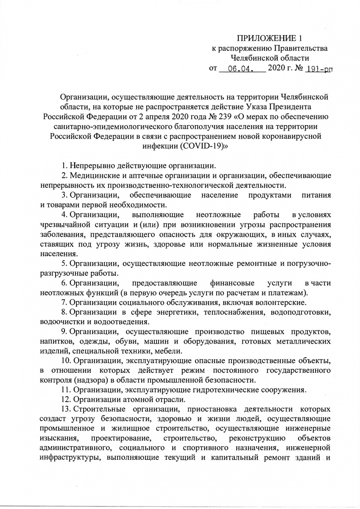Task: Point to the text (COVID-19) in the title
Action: (x=189, y=145)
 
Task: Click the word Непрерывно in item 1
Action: (x=88, y=165)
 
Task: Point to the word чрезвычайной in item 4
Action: (x=63, y=224)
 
